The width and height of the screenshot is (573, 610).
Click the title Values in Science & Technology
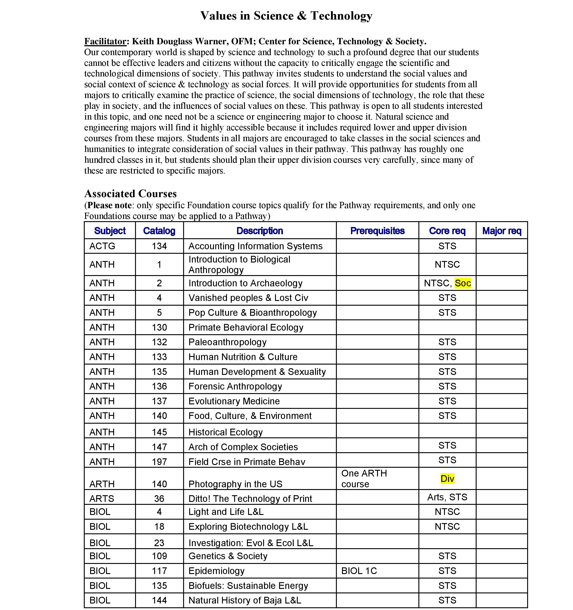(286, 16)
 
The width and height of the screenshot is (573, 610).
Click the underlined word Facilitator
(105, 41)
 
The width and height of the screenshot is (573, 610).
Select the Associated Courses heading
(130, 194)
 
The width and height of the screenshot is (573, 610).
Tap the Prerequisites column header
(377, 231)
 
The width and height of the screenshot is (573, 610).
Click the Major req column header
(502, 231)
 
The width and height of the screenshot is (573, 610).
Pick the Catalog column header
(159, 231)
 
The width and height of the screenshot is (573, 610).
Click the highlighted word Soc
(463, 283)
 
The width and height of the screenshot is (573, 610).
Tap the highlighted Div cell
(447, 478)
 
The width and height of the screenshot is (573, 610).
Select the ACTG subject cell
(102, 246)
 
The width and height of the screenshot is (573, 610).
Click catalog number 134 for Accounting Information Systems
(159, 246)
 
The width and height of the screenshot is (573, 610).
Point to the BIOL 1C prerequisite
(359, 571)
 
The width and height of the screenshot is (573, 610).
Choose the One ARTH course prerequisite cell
(364, 478)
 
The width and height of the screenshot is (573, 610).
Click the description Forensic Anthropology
(235, 386)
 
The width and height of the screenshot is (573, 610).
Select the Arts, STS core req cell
(447, 497)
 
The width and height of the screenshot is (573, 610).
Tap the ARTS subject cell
(102, 499)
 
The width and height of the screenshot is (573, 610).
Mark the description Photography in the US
(235, 484)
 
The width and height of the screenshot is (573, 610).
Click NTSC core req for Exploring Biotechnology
(447, 527)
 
